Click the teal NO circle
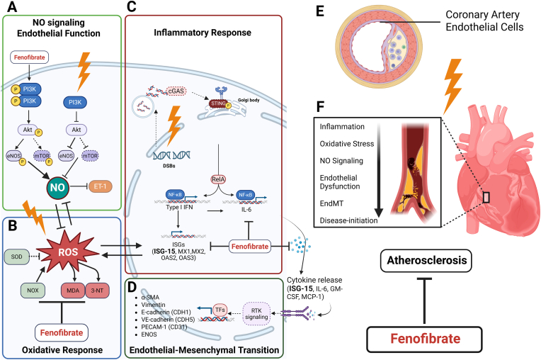click(57, 187)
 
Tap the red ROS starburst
click(68, 252)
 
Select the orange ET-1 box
click(101, 186)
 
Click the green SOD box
click(16, 257)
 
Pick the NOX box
click(33, 291)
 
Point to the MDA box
click(73, 291)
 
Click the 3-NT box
click(97, 291)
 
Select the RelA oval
click(218, 179)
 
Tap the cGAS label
click(176, 91)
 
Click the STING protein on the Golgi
click(219, 103)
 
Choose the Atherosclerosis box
click(426, 261)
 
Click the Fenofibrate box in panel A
click(30, 57)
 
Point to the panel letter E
click(320, 11)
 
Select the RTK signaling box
click(256, 314)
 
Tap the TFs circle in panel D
click(220, 310)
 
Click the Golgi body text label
click(249, 100)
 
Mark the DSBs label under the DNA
click(169, 166)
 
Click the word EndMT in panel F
click(331, 203)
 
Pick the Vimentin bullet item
click(153, 305)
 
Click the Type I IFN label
click(179, 207)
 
